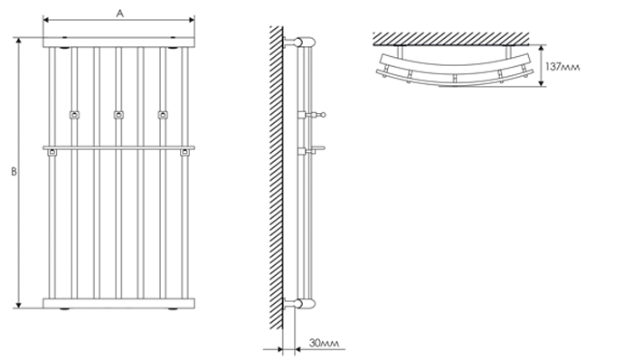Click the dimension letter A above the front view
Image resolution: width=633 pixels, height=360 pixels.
pos(120,14)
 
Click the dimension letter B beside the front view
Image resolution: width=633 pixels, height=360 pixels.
pos(14,172)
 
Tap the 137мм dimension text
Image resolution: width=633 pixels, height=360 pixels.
pos(562,67)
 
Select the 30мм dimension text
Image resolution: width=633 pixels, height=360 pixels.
pos(324,343)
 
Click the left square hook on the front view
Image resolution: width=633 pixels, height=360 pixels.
pos(74,115)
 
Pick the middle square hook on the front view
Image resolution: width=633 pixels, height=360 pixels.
pos(118,115)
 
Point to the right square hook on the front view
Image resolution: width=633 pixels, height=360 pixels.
pos(163,115)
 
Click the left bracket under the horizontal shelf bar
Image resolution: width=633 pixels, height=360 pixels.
pos(52,153)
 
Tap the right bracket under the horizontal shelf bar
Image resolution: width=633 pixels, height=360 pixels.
pos(184,153)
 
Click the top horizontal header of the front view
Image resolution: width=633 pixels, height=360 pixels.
pos(118,43)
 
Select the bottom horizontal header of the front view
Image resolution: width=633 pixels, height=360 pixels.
pos(118,304)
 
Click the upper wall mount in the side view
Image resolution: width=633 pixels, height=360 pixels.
pos(299,43)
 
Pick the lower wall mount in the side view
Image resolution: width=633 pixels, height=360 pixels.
pos(299,304)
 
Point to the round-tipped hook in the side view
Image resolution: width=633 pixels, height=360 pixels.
pos(312,115)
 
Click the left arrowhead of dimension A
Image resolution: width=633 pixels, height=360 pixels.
pos(46,19)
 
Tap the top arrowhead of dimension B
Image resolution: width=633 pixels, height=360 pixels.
pos(18,41)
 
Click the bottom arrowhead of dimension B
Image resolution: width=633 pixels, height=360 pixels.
pos(18,305)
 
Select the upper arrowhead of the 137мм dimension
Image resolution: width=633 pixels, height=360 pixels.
pos(542,48)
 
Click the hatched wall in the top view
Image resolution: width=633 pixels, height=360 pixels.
pos(451,39)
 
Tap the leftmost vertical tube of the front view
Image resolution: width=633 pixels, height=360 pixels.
pos(52,173)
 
